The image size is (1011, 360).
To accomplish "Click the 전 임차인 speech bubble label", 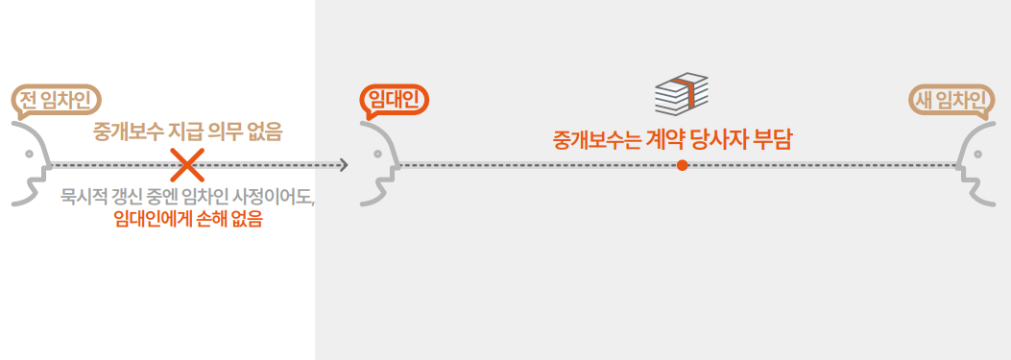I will coord(57,99).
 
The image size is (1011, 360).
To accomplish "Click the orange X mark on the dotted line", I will coord(187,165).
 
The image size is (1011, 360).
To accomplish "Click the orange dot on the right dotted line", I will coord(682,165).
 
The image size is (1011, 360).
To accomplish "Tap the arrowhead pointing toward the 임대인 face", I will coord(343,165).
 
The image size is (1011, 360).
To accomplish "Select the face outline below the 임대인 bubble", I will coord(378,163).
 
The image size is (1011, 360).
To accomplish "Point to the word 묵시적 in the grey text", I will coord(82,198).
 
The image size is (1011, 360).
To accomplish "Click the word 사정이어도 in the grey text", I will coord(277,198).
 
